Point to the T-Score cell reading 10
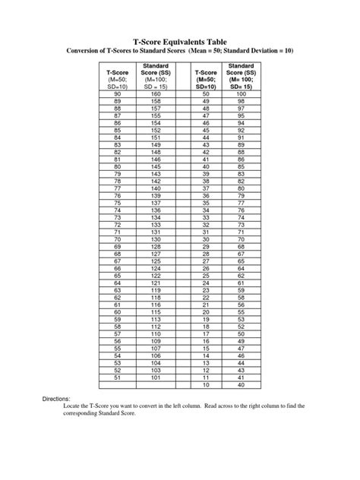point(205,384)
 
